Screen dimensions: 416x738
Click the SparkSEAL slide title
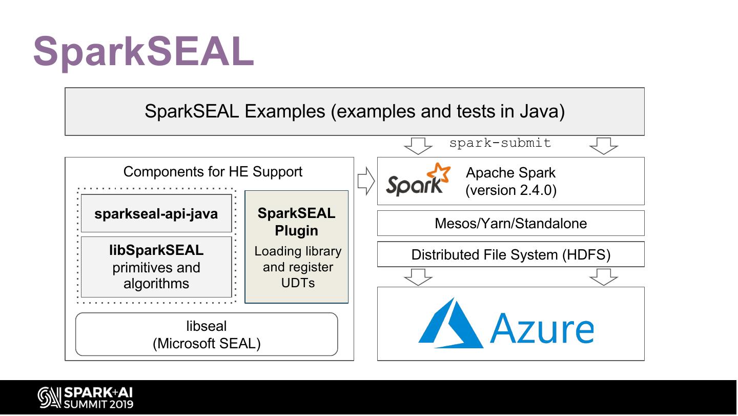143,51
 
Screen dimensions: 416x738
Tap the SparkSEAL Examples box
354,111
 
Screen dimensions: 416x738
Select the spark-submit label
500,143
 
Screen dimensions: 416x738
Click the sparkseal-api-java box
156,213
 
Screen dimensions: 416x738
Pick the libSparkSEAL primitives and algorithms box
156,267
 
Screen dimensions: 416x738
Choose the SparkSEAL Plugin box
297,247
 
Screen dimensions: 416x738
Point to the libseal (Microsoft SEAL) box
207,334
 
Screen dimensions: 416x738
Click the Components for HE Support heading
213,171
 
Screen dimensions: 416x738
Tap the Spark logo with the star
418,180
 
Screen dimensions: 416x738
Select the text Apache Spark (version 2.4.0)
510,181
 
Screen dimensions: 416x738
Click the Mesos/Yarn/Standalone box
510,223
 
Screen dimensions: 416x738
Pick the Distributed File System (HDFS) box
510,254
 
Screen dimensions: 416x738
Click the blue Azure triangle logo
450,324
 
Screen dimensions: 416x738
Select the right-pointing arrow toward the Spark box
365,181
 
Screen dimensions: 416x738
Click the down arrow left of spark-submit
418,146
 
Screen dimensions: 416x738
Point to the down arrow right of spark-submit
604,146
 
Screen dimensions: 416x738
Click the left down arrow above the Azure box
418,277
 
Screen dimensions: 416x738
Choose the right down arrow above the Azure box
604,277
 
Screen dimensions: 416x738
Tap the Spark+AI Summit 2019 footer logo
85,398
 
